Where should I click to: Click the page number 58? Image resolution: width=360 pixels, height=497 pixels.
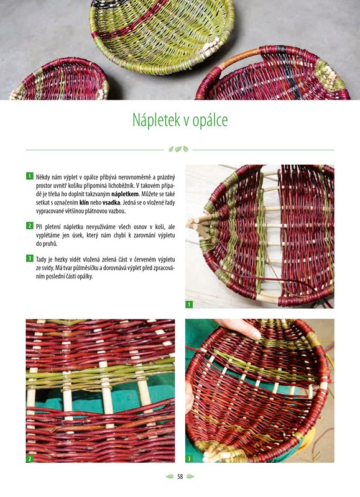point(180,476)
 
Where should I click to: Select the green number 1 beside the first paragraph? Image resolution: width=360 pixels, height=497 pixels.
point(29,176)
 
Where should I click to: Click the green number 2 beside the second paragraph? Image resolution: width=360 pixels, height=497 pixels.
point(29,226)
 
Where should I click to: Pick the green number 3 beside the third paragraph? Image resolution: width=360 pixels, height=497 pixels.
point(29,258)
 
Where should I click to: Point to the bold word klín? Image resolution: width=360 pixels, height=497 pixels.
point(84,203)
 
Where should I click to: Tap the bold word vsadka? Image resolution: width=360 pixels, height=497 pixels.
point(111,203)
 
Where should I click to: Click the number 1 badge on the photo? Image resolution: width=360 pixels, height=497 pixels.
point(189,304)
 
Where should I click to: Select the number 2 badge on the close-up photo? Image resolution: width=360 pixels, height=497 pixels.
point(29,458)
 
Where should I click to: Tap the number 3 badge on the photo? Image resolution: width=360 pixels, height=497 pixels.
point(189,458)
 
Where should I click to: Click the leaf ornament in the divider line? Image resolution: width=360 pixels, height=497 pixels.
point(178,149)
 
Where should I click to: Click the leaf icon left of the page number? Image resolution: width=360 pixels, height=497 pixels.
point(170,476)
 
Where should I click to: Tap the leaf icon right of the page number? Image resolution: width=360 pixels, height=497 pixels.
point(190,476)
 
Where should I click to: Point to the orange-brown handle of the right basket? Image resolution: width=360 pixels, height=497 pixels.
point(238,57)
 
